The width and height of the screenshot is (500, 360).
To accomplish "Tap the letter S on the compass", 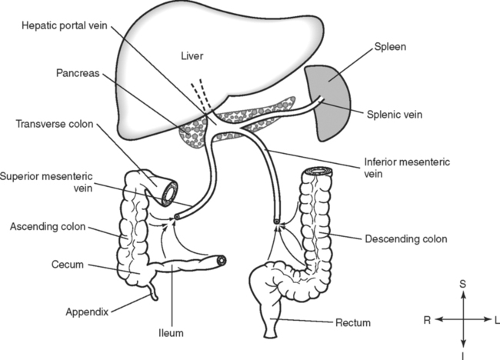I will (x=462, y=285).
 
